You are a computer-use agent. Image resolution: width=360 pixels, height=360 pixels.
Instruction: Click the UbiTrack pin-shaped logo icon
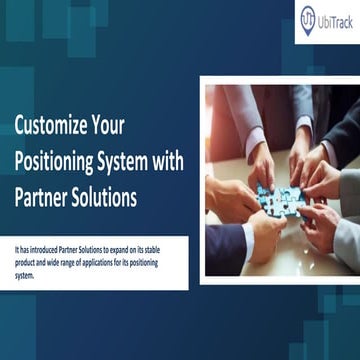tap(308, 19)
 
